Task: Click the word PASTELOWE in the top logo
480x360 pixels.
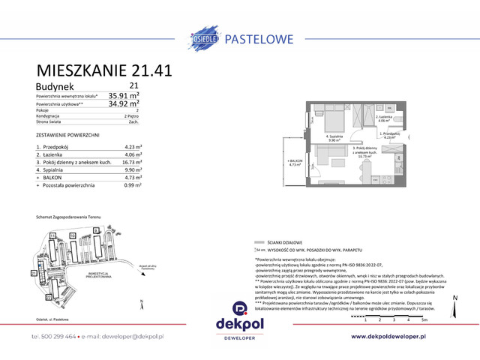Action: [267, 34]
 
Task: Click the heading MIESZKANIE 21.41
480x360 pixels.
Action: [105, 70]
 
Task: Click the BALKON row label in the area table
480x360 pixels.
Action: [54, 178]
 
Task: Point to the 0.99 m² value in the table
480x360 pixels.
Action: [132, 185]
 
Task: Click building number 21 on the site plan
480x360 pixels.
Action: [34, 272]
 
